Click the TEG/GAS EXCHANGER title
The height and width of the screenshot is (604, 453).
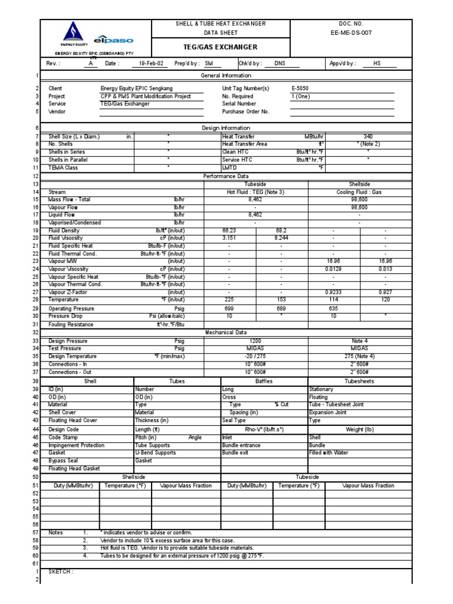[221, 47]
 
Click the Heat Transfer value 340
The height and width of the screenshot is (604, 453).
[368, 136]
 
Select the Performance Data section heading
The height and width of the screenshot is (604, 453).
[225, 176]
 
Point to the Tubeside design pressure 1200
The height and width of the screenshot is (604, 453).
[255, 341]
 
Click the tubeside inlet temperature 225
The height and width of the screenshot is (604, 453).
[229, 300]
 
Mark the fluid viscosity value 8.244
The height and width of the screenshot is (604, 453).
[281, 238]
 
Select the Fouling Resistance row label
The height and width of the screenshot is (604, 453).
[71, 324]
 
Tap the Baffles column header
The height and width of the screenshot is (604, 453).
[264, 382]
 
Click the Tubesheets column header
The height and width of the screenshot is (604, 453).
[359, 382]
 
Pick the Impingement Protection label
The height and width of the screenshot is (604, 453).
[76, 445]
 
